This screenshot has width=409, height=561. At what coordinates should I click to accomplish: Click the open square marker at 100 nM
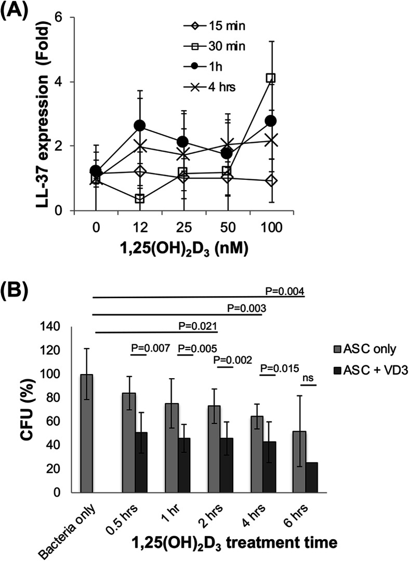point(271,78)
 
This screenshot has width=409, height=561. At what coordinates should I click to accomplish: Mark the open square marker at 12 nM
point(139,198)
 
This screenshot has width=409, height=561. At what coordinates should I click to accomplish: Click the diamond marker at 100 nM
point(271,180)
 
